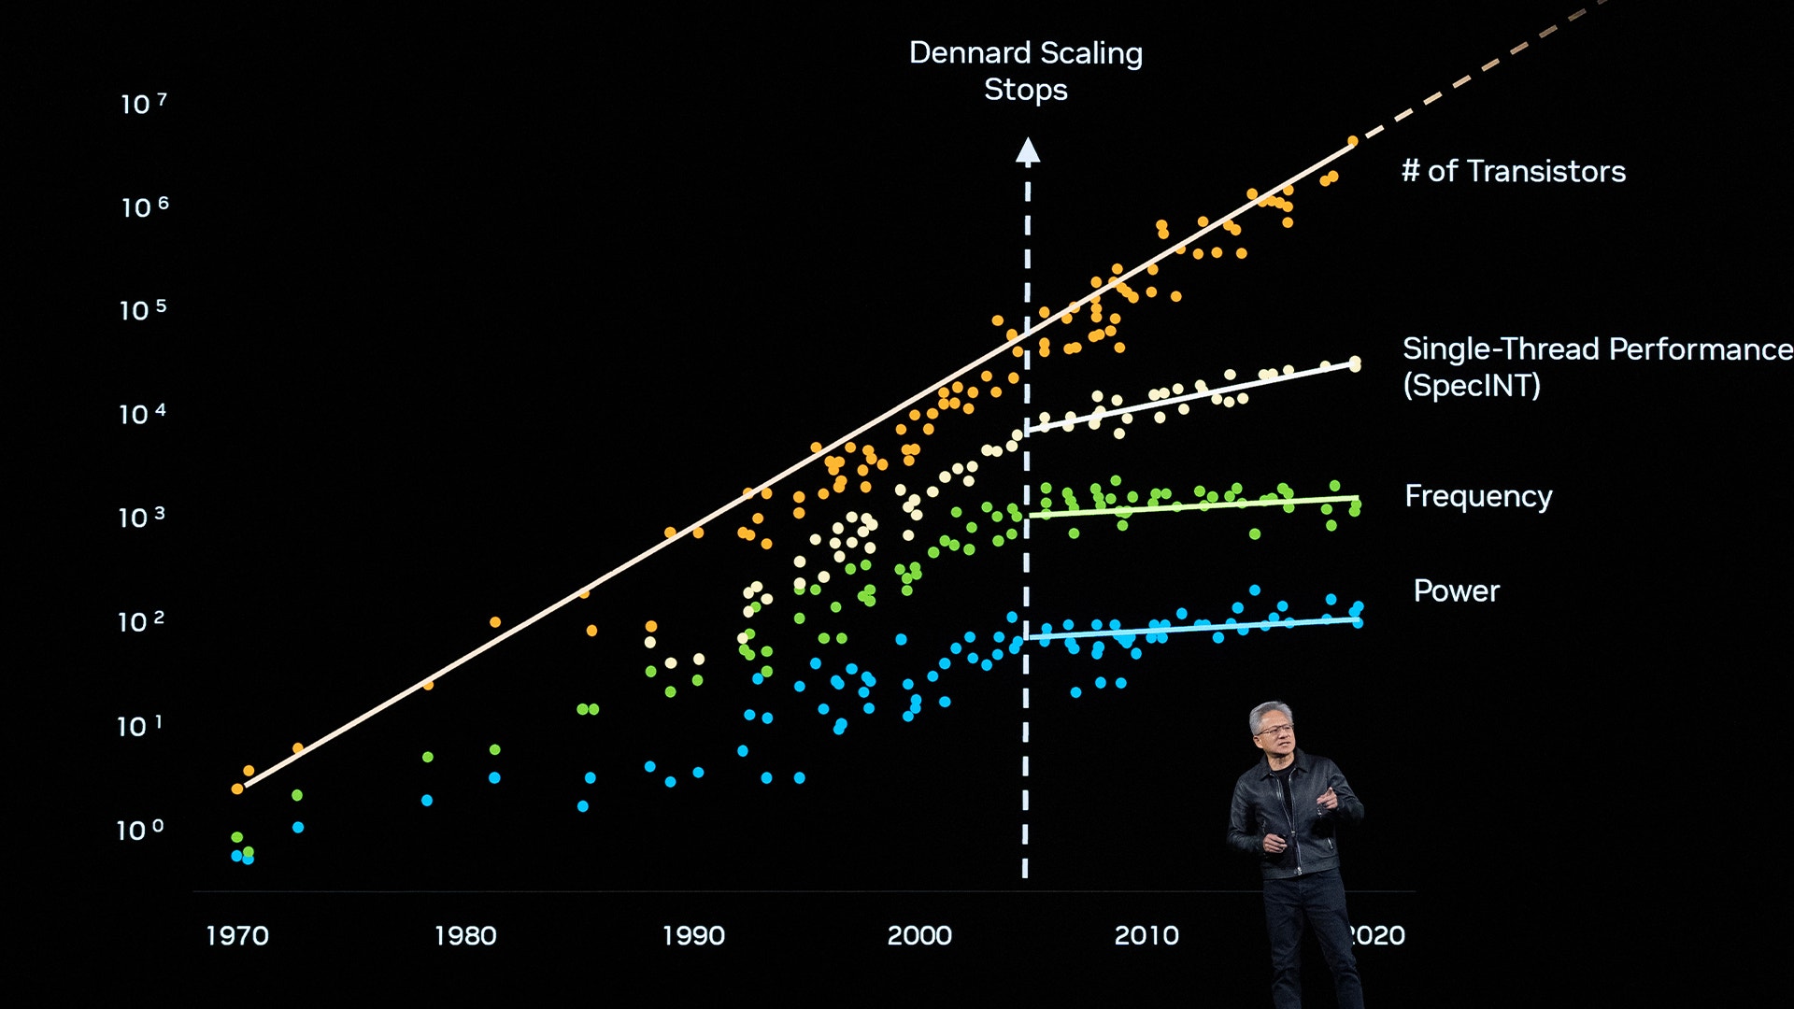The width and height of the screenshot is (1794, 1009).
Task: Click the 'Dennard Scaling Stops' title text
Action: coord(1025,70)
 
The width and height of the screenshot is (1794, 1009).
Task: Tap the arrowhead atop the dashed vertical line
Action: coord(1028,151)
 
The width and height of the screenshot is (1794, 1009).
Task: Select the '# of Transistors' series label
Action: coord(1513,171)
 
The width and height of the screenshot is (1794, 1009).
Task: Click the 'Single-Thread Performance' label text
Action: coord(1596,348)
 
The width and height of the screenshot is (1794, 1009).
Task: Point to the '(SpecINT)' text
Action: coord(1471,385)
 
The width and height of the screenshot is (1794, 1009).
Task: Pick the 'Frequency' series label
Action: coord(1478,496)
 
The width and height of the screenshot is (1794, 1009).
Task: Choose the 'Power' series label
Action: coord(1456,590)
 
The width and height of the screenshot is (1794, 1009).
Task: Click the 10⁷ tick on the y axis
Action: coord(143,103)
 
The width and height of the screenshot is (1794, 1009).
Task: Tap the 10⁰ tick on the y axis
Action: coord(139,830)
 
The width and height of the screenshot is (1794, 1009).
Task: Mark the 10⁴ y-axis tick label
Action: coord(142,414)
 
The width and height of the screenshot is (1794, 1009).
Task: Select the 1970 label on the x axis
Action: coord(236,935)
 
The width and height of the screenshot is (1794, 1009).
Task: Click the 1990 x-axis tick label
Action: coord(693,935)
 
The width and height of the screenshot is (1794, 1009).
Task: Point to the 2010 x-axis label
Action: coord(1146,935)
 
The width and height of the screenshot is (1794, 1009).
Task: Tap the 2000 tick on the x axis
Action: coord(919,935)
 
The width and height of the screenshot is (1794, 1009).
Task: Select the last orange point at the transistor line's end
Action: coord(1352,142)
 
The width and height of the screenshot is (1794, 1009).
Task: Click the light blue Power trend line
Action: coord(1196,628)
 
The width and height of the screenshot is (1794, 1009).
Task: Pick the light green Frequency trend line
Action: coord(1196,506)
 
